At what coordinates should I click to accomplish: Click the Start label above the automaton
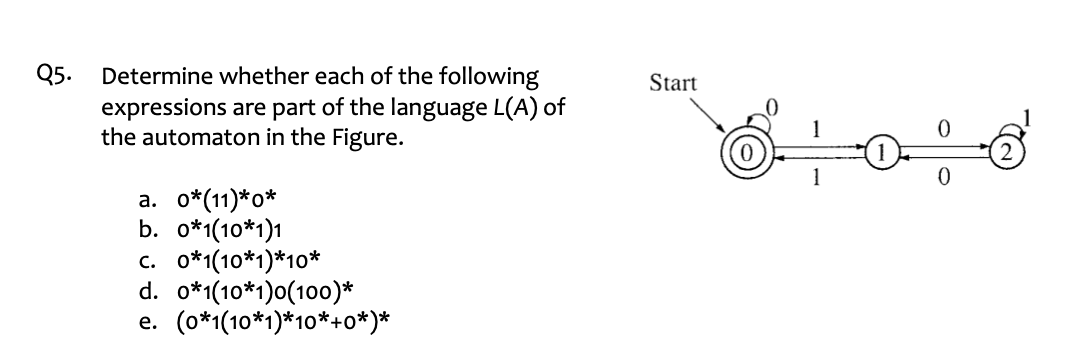(x=673, y=84)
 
